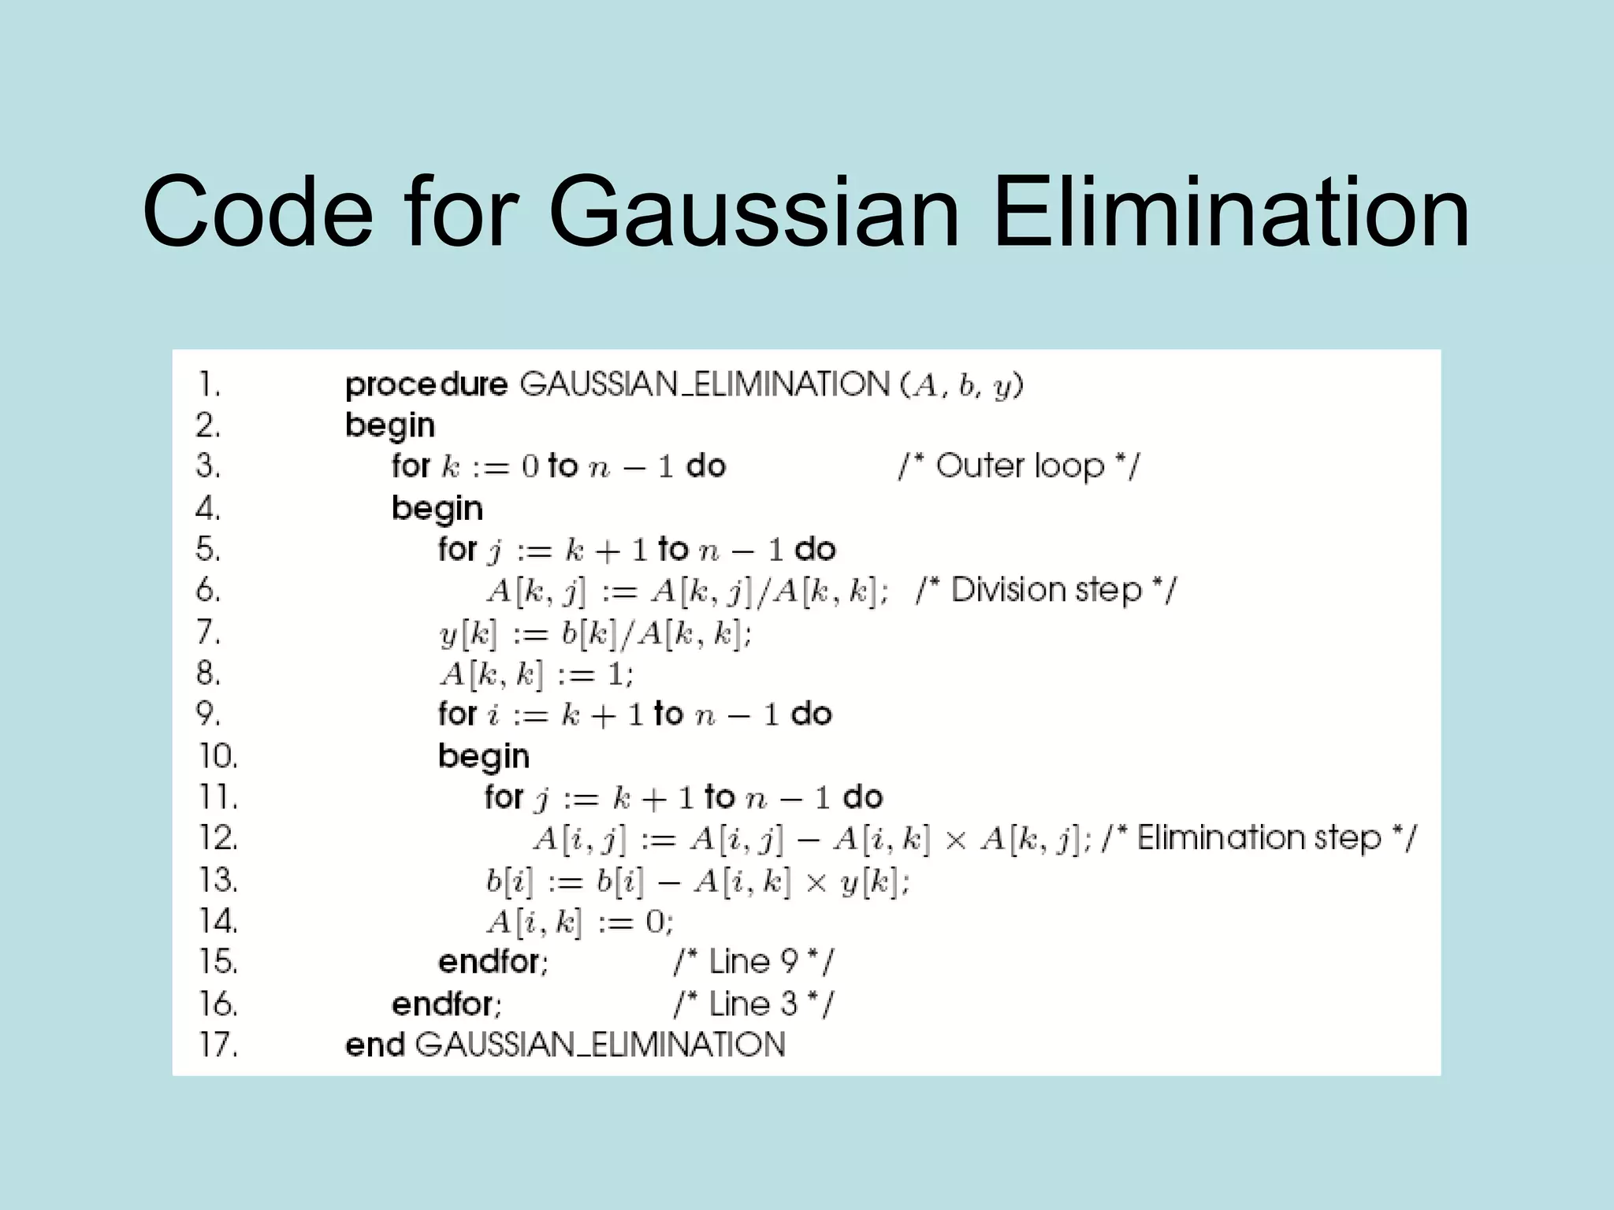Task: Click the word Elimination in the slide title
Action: point(1230,213)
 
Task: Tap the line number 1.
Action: point(208,385)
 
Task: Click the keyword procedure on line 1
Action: point(426,385)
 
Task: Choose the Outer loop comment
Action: point(1018,466)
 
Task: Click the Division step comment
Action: point(1046,590)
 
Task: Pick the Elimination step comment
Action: point(1259,837)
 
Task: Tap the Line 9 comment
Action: point(753,962)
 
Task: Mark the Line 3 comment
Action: point(753,1004)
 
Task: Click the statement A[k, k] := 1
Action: point(536,674)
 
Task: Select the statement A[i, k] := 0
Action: point(579,921)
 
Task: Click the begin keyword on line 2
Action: point(390,426)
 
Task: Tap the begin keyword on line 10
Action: point(484,756)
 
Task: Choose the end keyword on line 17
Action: point(375,1045)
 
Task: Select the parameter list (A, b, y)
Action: point(961,385)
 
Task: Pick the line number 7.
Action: point(208,632)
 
